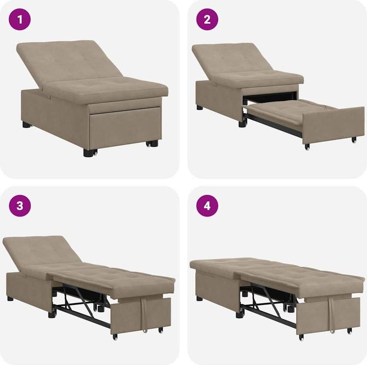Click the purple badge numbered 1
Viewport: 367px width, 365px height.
[x=20, y=20]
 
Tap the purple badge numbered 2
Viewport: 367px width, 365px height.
[x=207, y=20]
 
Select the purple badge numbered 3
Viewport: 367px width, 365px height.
[x=20, y=205]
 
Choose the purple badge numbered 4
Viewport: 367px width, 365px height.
[x=207, y=205]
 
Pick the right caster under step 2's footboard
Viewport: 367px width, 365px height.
[x=353, y=139]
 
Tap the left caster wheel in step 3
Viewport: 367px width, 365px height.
[x=115, y=336]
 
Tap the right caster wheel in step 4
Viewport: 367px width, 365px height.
[x=350, y=330]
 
